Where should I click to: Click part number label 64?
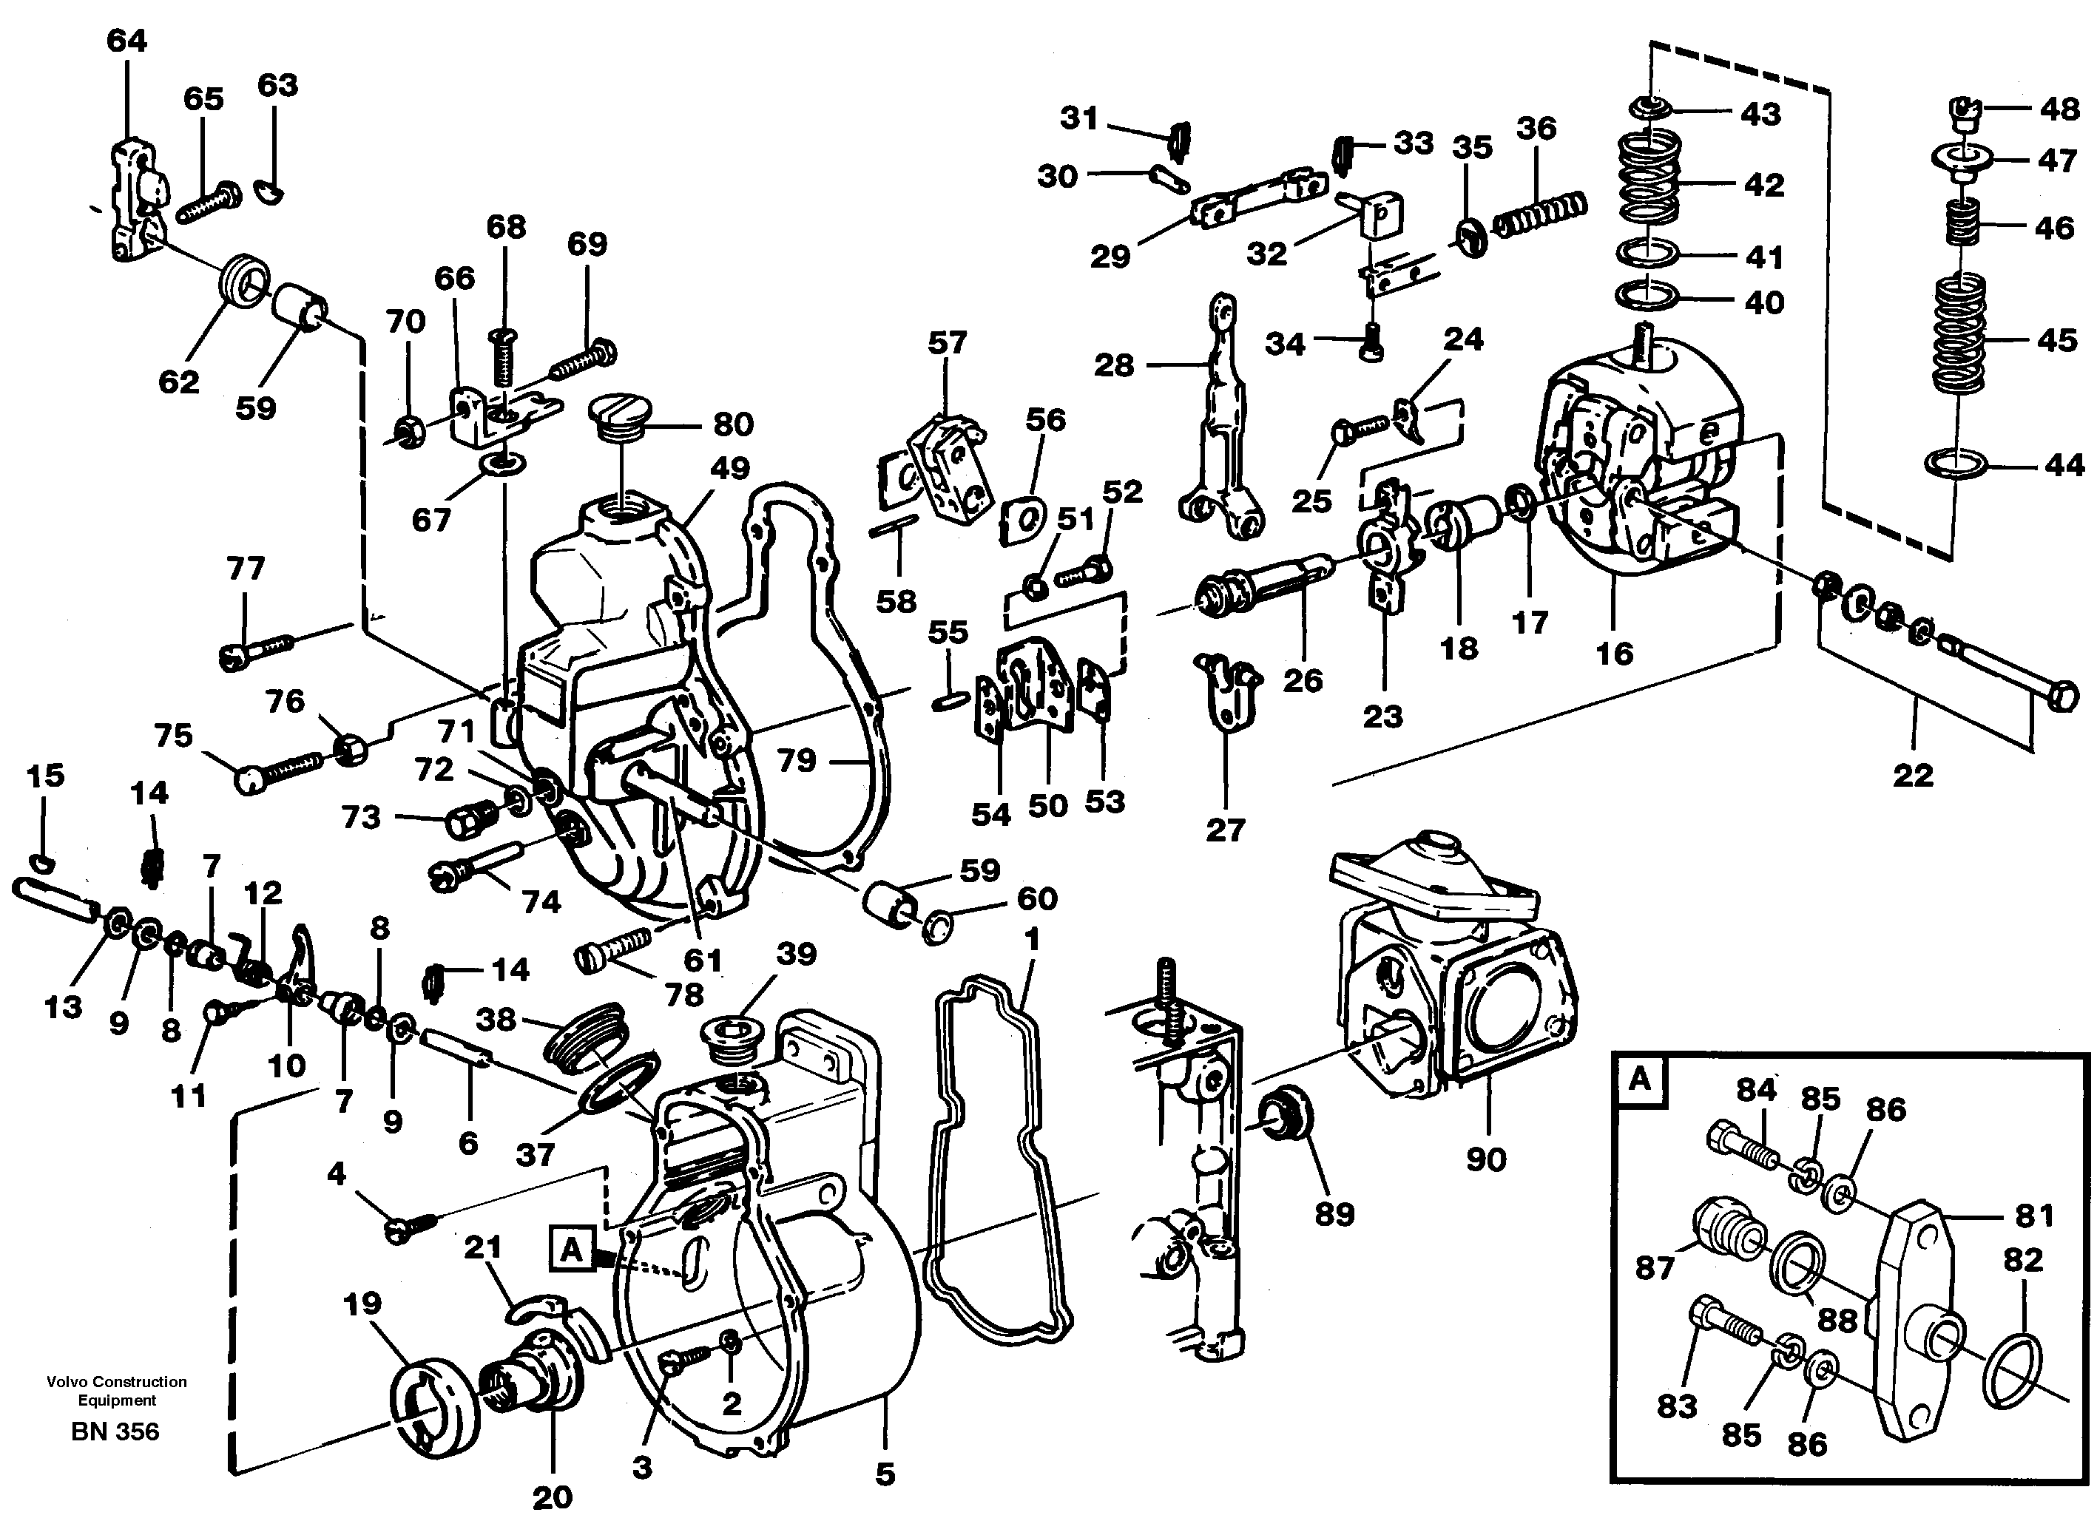126,41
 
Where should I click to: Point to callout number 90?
1486,1159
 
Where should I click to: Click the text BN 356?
115,1431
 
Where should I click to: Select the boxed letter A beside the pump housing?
571,1250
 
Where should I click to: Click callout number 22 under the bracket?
1913,775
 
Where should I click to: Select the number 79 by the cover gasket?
796,760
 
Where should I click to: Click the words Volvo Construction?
117,1381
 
